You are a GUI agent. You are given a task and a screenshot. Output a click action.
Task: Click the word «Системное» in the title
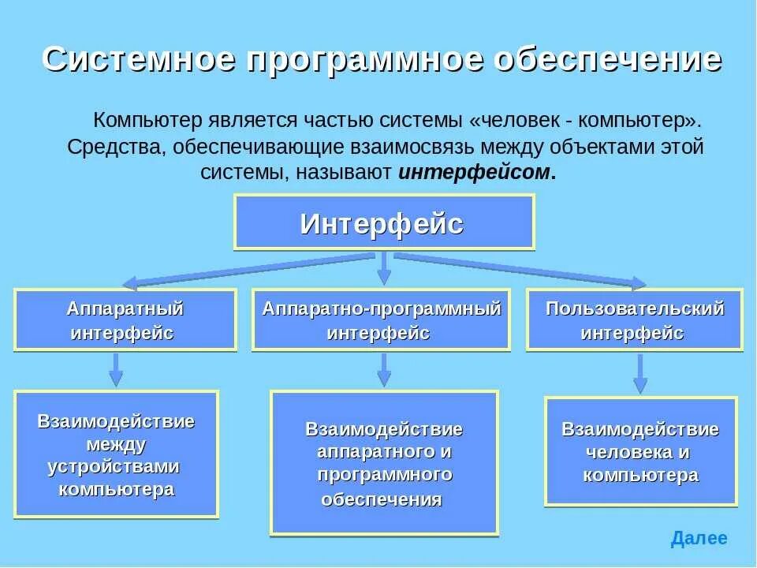click(x=137, y=59)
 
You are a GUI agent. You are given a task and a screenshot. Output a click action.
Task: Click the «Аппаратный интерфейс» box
click(x=125, y=319)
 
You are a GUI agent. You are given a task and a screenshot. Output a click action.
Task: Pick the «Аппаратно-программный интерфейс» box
click(x=381, y=319)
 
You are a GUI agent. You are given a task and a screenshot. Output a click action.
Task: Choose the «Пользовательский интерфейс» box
click(x=634, y=319)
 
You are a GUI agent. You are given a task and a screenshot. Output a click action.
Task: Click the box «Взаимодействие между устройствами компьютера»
click(x=116, y=454)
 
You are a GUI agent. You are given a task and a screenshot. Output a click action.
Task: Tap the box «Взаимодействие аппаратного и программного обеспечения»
click(x=384, y=462)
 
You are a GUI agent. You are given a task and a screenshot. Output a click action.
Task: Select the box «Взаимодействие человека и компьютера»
click(x=640, y=451)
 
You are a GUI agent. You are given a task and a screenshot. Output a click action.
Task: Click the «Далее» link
click(x=699, y=539)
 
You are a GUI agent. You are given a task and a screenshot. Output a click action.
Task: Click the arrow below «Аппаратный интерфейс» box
click(x=116, y=369)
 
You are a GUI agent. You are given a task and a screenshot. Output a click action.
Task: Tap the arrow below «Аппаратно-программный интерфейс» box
click(x=384, y=369)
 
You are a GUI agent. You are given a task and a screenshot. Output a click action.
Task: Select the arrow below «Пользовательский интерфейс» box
click(x=640, y=373)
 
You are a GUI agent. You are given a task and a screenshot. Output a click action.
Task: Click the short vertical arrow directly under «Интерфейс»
click(x=384, y=268)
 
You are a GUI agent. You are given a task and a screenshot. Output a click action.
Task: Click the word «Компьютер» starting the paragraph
click(x=148, y=121)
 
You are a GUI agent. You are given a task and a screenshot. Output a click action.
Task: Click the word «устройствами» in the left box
click(x=114, y=466)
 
